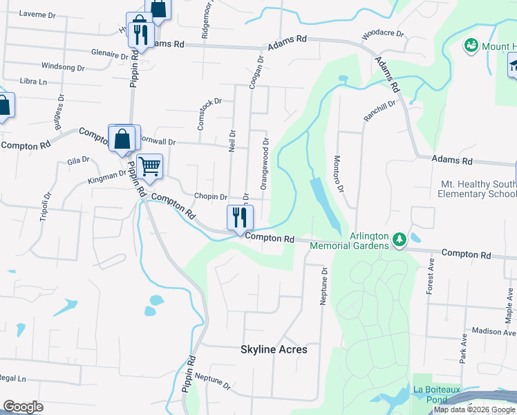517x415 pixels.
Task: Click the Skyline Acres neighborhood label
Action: (274, 349)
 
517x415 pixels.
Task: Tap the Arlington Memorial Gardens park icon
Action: (399, 239)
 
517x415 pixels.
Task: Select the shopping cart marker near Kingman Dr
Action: (149, 167)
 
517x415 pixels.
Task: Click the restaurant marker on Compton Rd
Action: (241, 217)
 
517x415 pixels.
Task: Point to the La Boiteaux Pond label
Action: (436, 394)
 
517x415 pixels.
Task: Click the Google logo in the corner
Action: (23, 407)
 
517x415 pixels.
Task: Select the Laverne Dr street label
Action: (37, 13)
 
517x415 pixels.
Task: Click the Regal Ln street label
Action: (12, 379)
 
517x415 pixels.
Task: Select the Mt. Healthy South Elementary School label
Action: (477, 189)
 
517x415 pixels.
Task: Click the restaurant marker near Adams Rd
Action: (141, 34)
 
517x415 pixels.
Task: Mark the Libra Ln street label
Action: (33, 82)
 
